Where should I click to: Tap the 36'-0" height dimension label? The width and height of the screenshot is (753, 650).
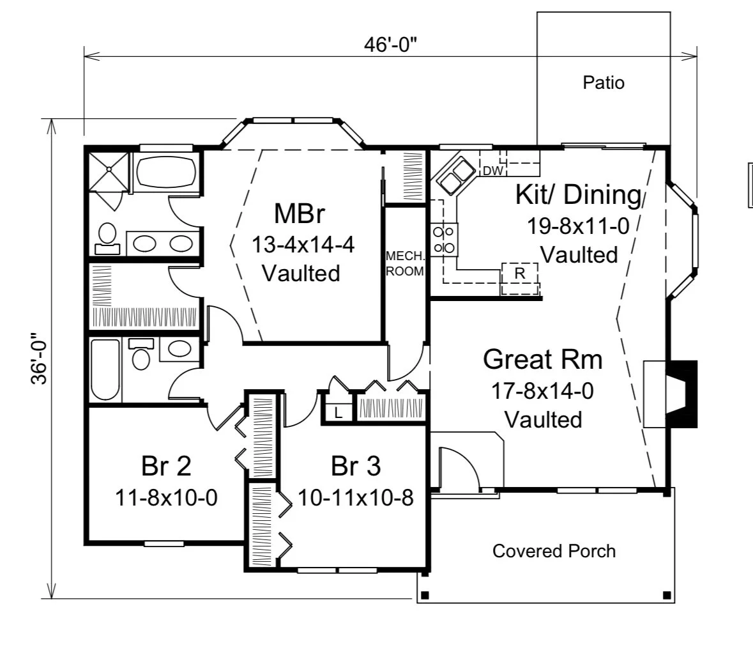point(40,358)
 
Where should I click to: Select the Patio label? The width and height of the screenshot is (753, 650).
point(604,82)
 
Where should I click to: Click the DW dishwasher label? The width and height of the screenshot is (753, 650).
point(492,171)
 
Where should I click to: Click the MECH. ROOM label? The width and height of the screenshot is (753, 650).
point(404,263)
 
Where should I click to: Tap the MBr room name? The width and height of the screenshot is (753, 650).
point(300,213)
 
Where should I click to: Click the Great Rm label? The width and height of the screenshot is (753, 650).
point(542,359)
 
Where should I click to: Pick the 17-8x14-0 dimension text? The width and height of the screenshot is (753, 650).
point(542,391)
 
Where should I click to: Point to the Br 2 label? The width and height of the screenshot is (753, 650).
point(166,466)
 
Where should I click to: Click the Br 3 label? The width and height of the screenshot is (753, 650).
point(356,466)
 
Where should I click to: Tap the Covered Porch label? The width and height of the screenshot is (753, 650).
point(554,551)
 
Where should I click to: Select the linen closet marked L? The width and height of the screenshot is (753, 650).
point(338,412)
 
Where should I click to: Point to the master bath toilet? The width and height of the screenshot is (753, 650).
point(107,234)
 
